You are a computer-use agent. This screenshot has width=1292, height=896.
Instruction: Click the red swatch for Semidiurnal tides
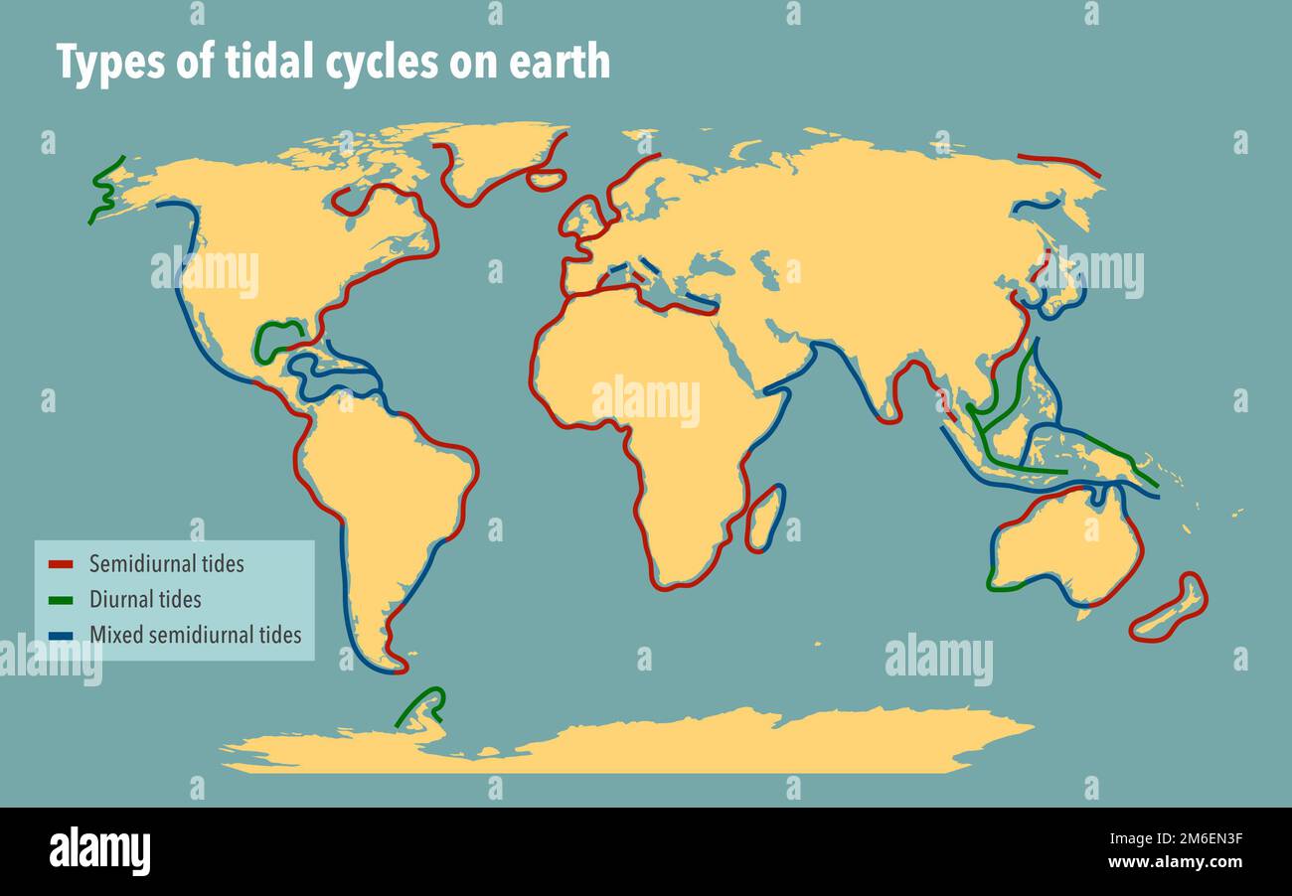(61, 565)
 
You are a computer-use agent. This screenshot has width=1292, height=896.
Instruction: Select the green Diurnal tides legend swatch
(61, 600)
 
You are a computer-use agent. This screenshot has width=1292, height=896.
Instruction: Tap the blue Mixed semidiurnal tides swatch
(61, 635)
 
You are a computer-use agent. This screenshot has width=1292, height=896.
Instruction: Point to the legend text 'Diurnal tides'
(145, 600)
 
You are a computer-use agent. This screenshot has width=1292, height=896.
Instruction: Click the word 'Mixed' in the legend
(113, 635)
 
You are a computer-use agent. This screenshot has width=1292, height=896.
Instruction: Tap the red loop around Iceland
(546, 179)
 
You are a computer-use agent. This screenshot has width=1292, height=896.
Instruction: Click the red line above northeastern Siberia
(1058, 161)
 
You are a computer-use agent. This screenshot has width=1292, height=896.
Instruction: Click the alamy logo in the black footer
(99, 851)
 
